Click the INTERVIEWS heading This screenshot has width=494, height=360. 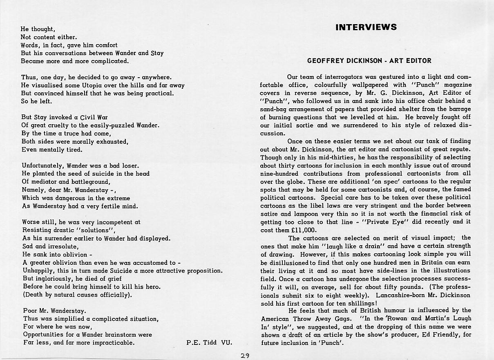366,27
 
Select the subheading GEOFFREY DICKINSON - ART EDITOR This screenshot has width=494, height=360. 369,61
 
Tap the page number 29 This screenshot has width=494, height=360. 245,356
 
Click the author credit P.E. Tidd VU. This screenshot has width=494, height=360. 209,342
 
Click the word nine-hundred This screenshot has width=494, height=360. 280,174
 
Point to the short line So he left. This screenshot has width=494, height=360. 37,101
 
